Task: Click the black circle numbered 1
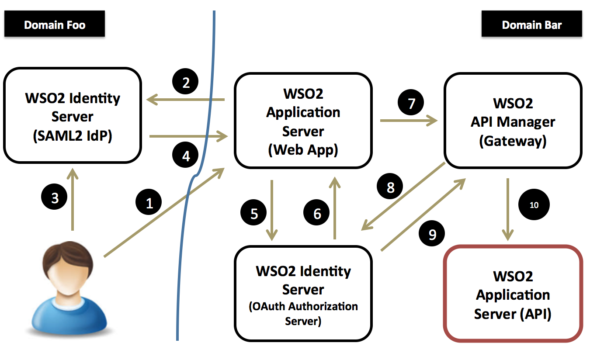[149, 203]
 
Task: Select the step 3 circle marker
[55, 198]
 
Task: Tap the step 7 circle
[410, 103]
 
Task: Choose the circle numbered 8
[390, 187]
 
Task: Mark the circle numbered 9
[432, 235]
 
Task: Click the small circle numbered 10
[534, 204]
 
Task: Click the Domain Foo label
[55, 25]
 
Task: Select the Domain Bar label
[531, 25]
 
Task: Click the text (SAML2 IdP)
[73, 136]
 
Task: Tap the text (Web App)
[303, 150]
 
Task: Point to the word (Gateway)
[513, 141]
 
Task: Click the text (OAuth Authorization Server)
[303, 314]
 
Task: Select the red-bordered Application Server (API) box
[513, 293]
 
